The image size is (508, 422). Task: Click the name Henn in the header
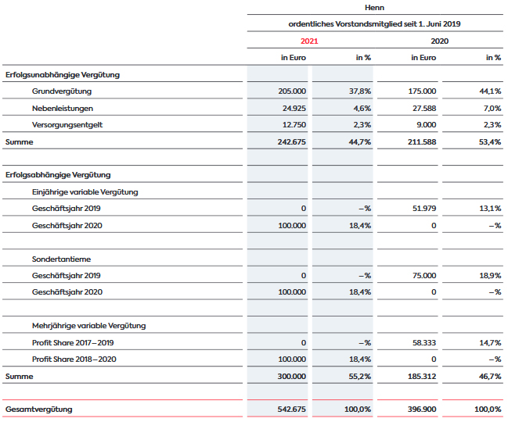coord(374,8)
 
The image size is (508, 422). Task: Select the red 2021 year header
coord(309,41)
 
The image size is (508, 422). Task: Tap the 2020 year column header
coord(439,41)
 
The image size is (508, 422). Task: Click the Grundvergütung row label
coord(62,91)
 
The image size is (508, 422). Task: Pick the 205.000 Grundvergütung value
coord(292,91)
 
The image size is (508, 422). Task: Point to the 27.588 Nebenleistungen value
coord(424,109)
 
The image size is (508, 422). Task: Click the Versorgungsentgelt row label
coord(67,125)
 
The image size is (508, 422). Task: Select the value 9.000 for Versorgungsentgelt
coord(426,125)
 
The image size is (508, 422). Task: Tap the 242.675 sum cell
coord(292,142)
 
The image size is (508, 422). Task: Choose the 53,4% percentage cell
coord(490,142)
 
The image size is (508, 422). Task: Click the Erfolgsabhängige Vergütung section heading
coord(58,175)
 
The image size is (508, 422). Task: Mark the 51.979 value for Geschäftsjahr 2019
coord(424,209)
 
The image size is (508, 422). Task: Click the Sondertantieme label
coord(61,259)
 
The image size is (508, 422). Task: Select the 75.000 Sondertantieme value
coord(424,276)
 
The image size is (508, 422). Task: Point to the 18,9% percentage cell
coord(490,276)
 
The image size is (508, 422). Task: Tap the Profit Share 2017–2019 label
coord(73,343)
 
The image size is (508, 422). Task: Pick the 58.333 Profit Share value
coord(424,343)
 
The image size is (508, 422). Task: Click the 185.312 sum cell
coord(422,377)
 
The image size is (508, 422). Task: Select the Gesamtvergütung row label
coord(39,409)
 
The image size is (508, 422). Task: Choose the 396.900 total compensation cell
coord(422,409)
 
